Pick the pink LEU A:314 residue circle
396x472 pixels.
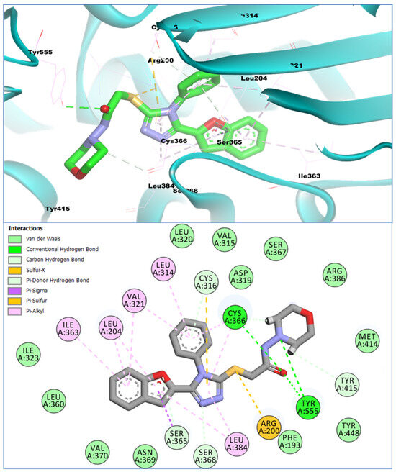click(165, 271)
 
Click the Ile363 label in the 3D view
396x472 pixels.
click(311, 176)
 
